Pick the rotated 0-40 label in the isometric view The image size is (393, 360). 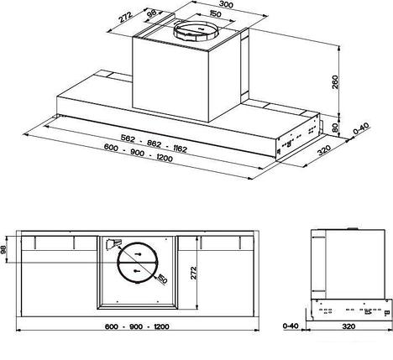(361, 134)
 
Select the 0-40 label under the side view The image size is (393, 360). (291, 325)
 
